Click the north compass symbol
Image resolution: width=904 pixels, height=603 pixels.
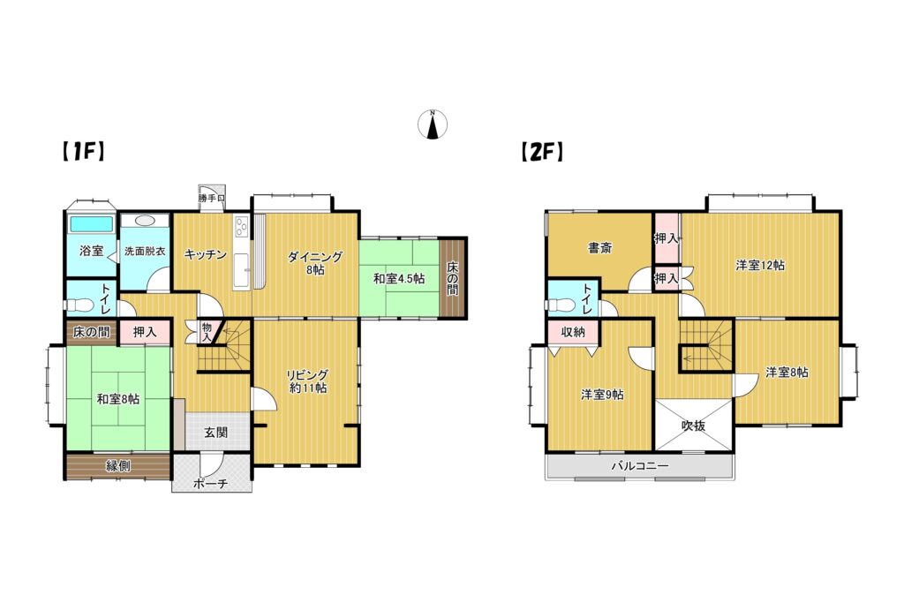(x=433, y=124)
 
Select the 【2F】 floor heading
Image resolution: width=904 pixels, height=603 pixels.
(x=541, y=152)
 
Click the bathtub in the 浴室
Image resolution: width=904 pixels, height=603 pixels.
(x=91, y=223)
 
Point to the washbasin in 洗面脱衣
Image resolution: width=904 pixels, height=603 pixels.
(x=144, y=221)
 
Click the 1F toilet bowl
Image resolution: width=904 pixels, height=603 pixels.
(x=79, y=305)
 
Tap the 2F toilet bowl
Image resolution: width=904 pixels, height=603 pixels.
(x=560, y=304)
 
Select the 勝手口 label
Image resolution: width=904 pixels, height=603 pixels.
(x=212, y=199)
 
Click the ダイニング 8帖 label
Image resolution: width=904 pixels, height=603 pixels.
(x=315, y=263)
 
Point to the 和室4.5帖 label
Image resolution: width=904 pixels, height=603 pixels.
(x=399, y=279)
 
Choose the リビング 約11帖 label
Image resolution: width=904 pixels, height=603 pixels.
(x=308, y=381)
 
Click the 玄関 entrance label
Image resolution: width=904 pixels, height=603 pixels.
(x=216, y=433)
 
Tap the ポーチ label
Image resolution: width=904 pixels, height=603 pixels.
(x=211, y=484)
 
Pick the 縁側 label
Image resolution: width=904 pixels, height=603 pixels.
(x=118, y=466)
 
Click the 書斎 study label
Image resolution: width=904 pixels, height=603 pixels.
(x=600, y=248)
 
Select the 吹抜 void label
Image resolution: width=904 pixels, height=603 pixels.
(x=694, y=426)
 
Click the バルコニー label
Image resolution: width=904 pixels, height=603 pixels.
(x=640, y=466)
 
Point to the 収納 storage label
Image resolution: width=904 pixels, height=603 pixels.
(x=573, y=332)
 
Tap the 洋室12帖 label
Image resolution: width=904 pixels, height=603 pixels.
(x=760, y=265)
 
